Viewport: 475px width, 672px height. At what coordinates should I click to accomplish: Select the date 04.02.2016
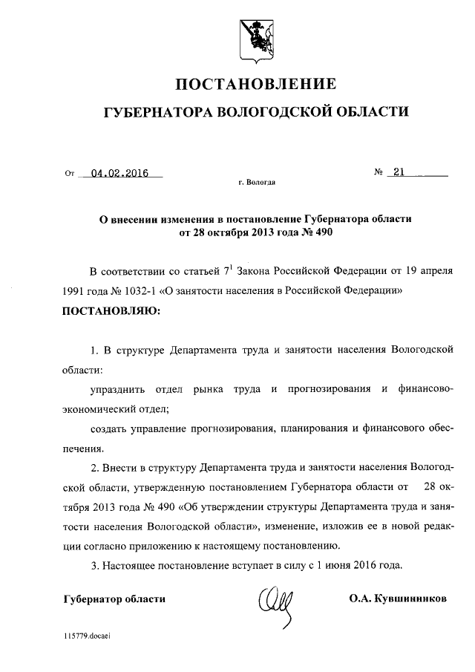[x=119, y=174]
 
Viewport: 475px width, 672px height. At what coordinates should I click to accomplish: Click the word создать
[x=109, y=428]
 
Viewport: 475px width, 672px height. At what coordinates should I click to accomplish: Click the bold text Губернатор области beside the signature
[x=111, y=598]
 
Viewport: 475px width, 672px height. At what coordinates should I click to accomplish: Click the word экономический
[x=104, y=409]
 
